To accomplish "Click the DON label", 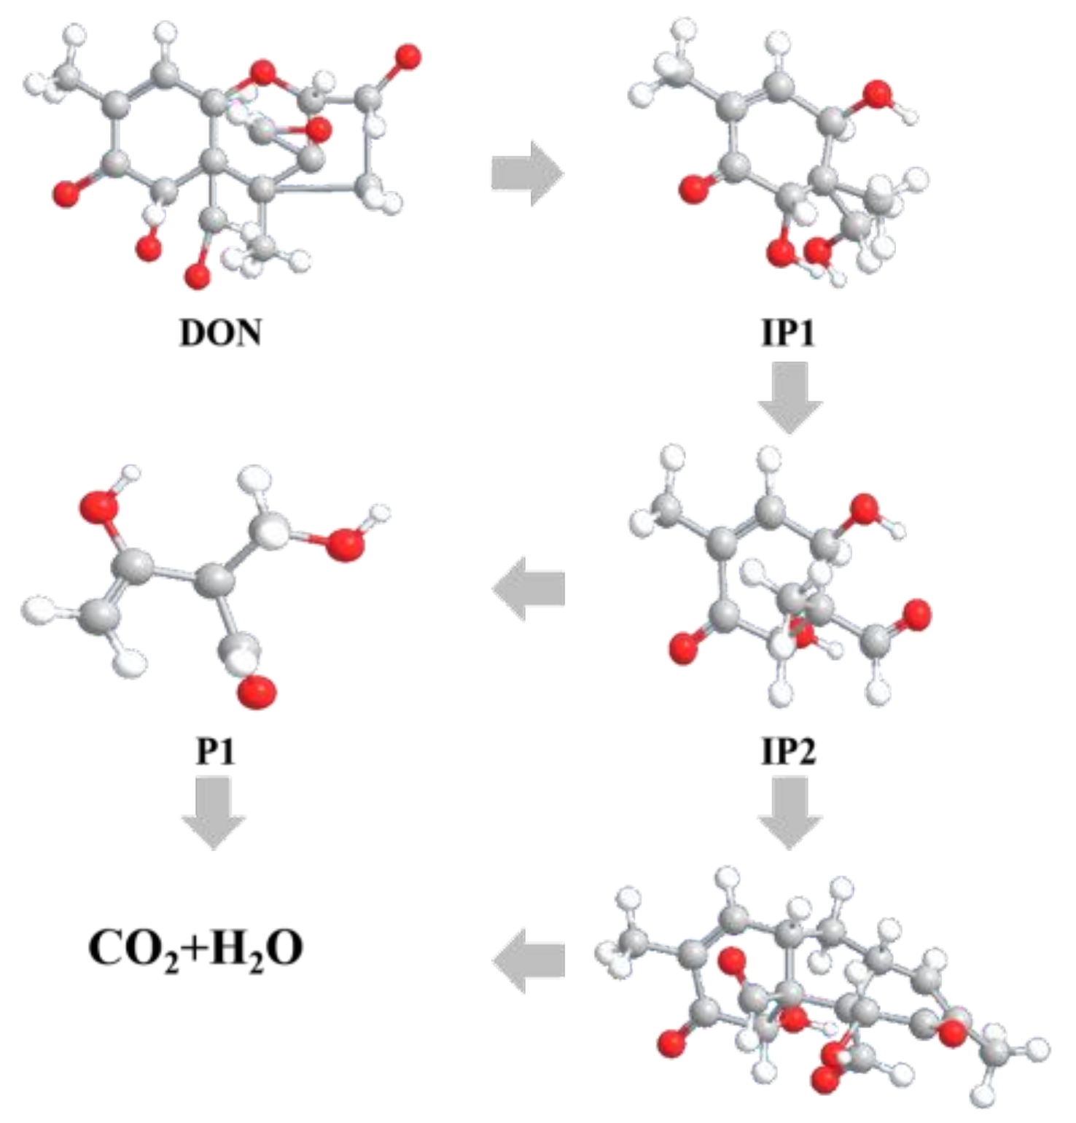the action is pyautogui.click(x=220, y=333).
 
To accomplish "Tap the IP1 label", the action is pyautogui.click(x=788, y=333).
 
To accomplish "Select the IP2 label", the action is pyautogui.click(x=788, y=750).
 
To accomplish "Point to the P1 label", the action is pyautogui.click(x=216, y=750).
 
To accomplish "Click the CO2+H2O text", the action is pyautogui.click(x=195, y=949).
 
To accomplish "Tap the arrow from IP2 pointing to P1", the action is pyautogui.click(x=529, y=588).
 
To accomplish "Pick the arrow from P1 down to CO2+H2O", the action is pyautogui.click(x=214, y=812).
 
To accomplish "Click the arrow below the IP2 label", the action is pyautogui.click(x=790, y=812).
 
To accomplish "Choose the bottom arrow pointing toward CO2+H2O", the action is pyautogui.click(x=529, y=960).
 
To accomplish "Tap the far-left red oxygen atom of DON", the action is pyautogui.click(x=66, y=195).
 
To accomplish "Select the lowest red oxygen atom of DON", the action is pyautogui.click(x=197, y=276).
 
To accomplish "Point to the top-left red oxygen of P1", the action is pyautogui.click(x=100, y=505).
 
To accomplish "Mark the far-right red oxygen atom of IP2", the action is pyautogui.click(x=916, y=615).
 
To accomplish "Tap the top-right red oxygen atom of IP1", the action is pyautogui.click(x=877, y=95).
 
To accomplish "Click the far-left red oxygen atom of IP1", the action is pyautogui.click(x=694, y=190).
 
